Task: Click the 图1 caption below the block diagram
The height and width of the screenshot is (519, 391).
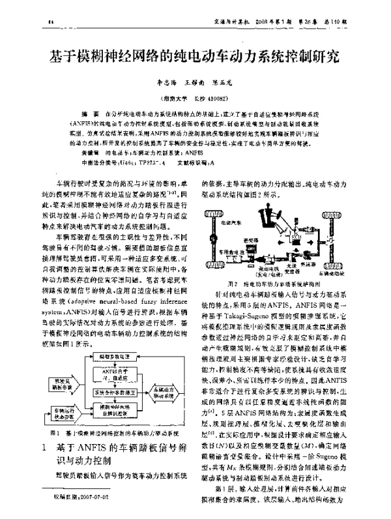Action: (111, 434)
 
